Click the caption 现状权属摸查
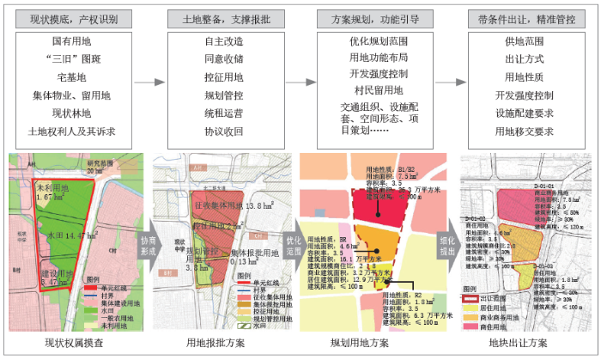[75, 343]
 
